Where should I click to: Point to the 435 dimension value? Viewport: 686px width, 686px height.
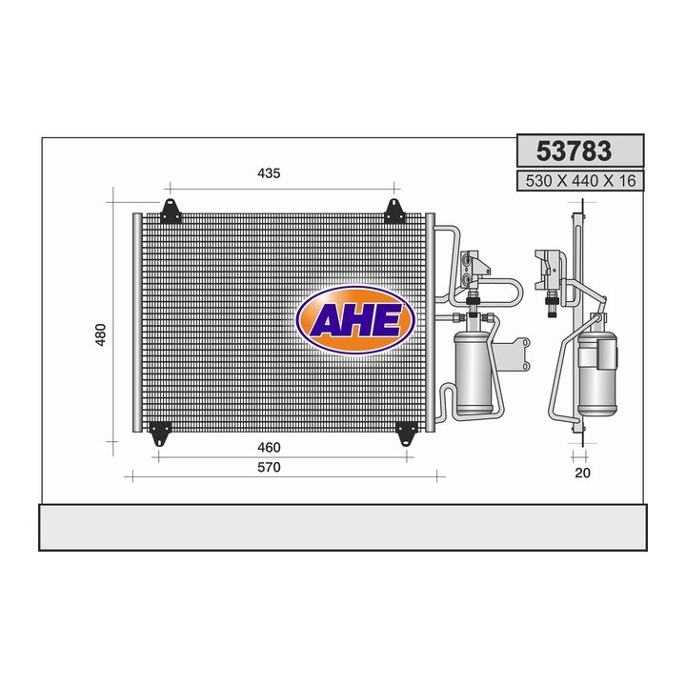coord(269,173)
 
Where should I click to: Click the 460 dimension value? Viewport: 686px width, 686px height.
coord(269,448)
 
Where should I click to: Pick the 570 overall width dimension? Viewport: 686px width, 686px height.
coord(270,468)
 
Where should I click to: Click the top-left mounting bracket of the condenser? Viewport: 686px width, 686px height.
coord(171,210)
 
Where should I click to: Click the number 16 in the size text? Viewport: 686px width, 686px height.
coord(625,181)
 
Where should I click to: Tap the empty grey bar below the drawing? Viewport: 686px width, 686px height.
coord(343,527)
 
